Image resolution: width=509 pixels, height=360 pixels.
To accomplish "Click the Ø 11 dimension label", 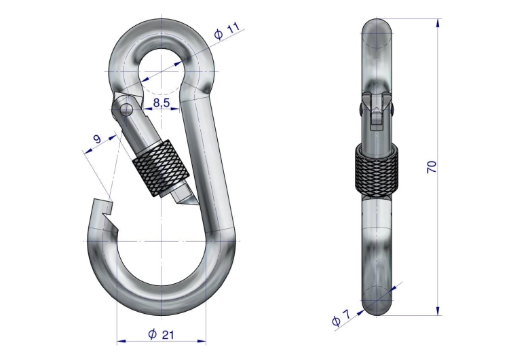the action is (x=227, y=31).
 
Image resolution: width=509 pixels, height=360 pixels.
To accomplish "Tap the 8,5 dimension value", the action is (x=162, y=103).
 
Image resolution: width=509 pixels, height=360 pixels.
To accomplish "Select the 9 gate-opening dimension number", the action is (x=97, y=139).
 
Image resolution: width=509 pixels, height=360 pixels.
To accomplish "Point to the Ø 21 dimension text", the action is (x=161, y=334).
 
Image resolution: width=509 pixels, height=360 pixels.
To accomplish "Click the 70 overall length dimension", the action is (x=432, y=166).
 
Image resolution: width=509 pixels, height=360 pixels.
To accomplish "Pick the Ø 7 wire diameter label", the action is (x=341, y=318).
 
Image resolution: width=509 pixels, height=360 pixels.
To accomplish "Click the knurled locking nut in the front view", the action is (x=161, y=168).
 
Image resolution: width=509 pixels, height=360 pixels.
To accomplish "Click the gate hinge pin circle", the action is (x=126, y=109).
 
